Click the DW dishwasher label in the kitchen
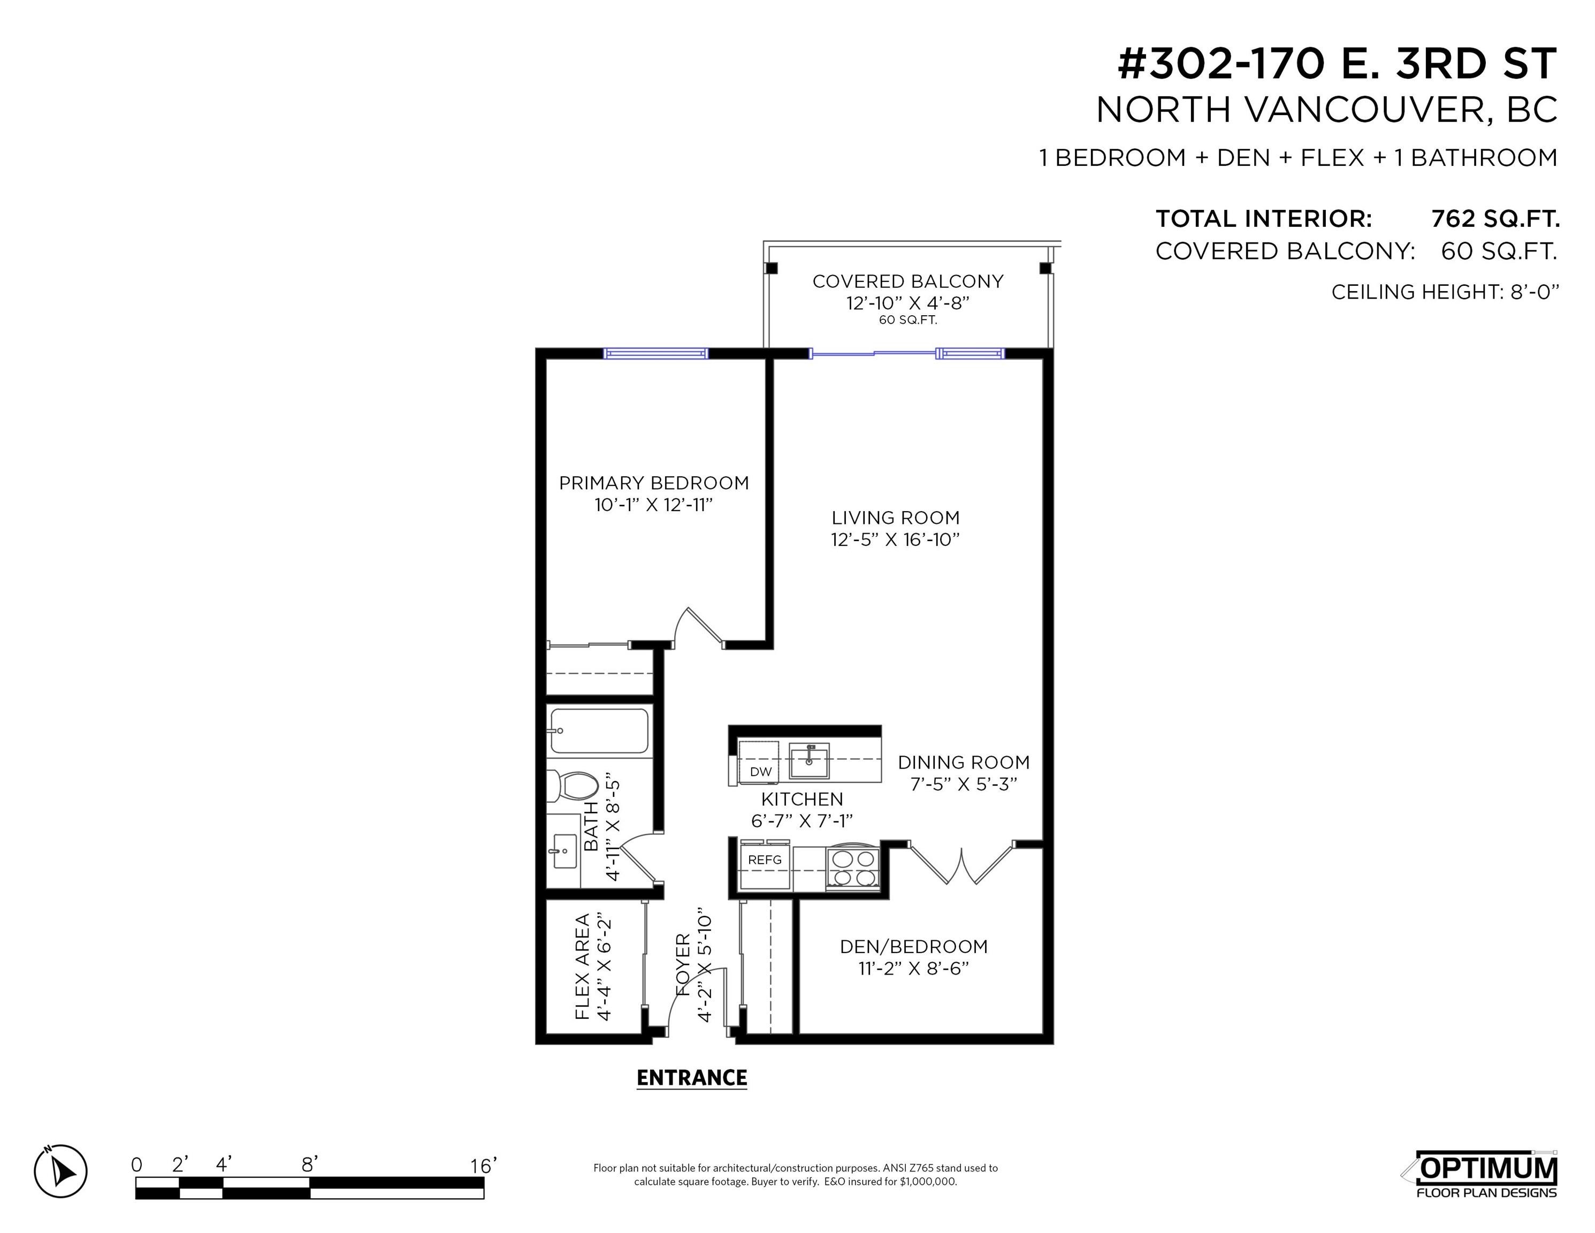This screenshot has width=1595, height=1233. pyautogui.click(x=761, y=771)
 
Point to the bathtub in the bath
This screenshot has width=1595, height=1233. pyautogui.click(x=599, y=730)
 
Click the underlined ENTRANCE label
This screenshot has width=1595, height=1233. pyautogui.click(x=692, y=1078)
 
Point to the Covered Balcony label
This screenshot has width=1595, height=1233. pyautogui.click(x=908, y=281)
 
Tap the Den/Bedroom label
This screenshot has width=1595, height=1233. pyautogui.click(x=914, y=947)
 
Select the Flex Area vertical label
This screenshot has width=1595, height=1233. pyautogui.click(x=582, y=966)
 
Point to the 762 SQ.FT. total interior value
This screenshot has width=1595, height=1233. pyautogui.click(x=1495, y=218)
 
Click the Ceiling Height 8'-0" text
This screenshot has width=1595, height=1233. pyautogui.click(x=1445, y=292)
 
